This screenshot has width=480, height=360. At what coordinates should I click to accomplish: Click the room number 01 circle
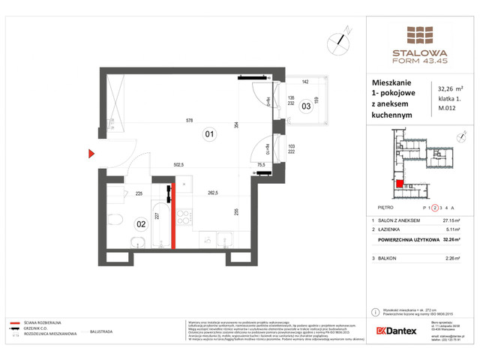pyautogui.click(x=209, y=135)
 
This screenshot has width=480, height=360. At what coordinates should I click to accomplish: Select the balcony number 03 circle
pyautogui.click(x=306, y=106)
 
